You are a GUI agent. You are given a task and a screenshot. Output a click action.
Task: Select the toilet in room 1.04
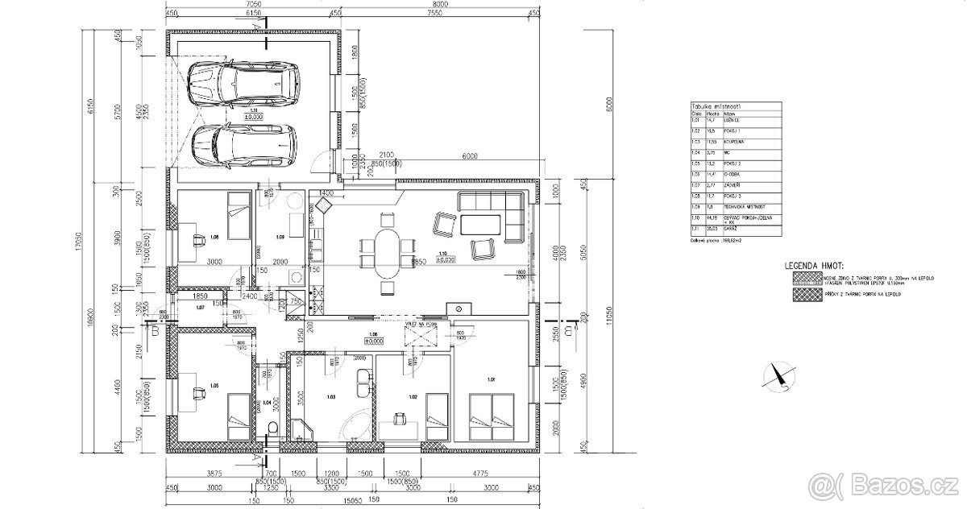click(272, 428)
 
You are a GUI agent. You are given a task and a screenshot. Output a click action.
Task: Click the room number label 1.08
click(214, 238)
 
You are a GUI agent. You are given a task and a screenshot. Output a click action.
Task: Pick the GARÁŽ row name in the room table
click(719, 229)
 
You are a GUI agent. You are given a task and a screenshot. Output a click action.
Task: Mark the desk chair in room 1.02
click(398, 418)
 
